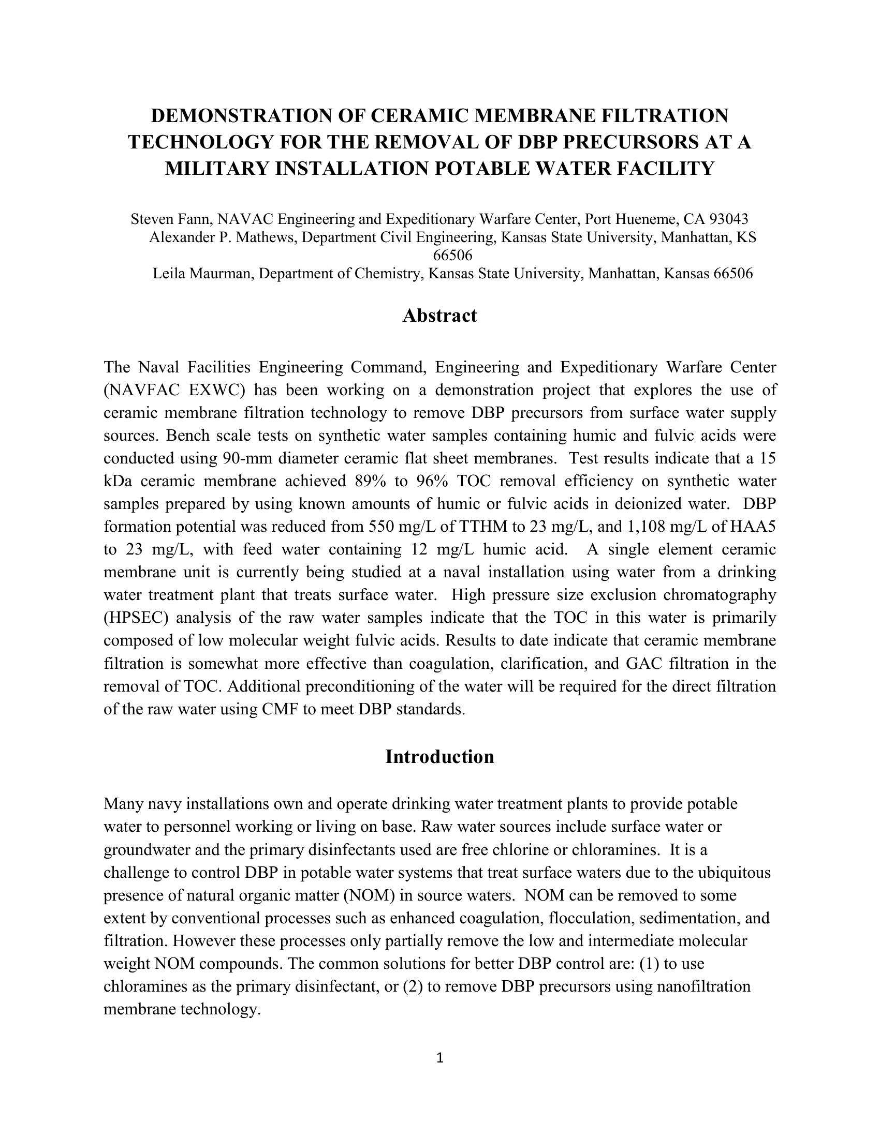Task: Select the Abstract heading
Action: click(439, 316)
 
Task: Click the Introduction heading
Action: click(439, 757)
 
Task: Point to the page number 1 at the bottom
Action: click(439, 1057)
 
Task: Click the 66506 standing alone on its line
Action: click(452, 256)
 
